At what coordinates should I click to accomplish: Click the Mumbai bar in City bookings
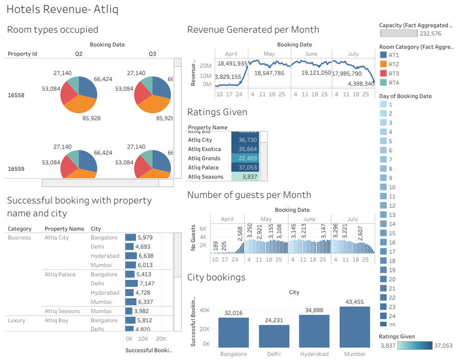tap(354, 326)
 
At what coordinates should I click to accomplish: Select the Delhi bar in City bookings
tap(274, 336)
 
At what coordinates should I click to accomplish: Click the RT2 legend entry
tap(393, 64)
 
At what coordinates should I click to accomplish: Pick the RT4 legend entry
tap(393, 83)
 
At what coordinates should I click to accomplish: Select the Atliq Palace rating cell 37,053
tap(246, 168)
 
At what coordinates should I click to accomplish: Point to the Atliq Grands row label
tap(204, 159)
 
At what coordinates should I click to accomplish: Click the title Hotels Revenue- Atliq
tap(62, 10)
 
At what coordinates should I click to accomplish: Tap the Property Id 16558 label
tap(16, 95)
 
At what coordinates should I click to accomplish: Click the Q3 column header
tap(152, 54)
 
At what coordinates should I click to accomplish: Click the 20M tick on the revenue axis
tap(206, 66)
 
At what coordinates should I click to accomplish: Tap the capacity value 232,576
tap(430, 34)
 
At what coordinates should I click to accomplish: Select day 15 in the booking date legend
tap(391, 242)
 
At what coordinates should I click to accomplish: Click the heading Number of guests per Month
tap(249, 195)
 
